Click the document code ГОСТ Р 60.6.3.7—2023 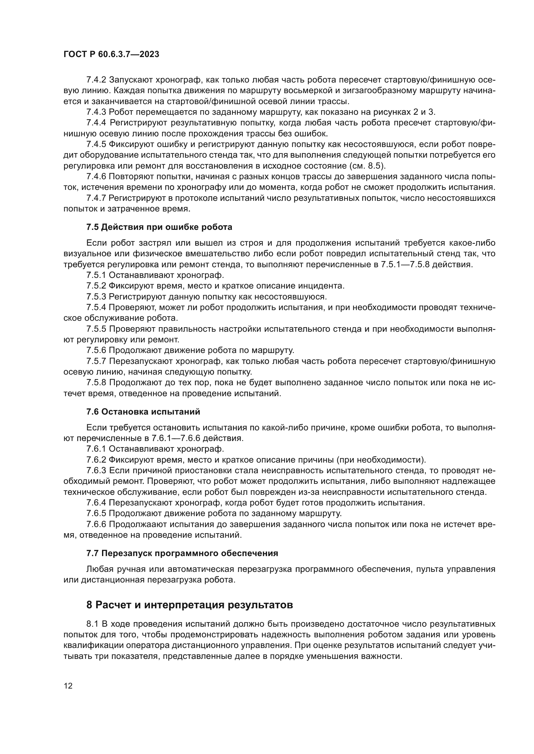point(111,54)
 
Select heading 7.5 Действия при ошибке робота point(159,227)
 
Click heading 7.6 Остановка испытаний point(143,412)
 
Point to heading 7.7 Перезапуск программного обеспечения point(182,553)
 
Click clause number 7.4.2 point(96,80)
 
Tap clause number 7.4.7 point(96,198)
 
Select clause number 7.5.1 point(96,275)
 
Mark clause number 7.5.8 point(96,383)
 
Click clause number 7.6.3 point(96,471)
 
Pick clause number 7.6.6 point(96,524)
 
